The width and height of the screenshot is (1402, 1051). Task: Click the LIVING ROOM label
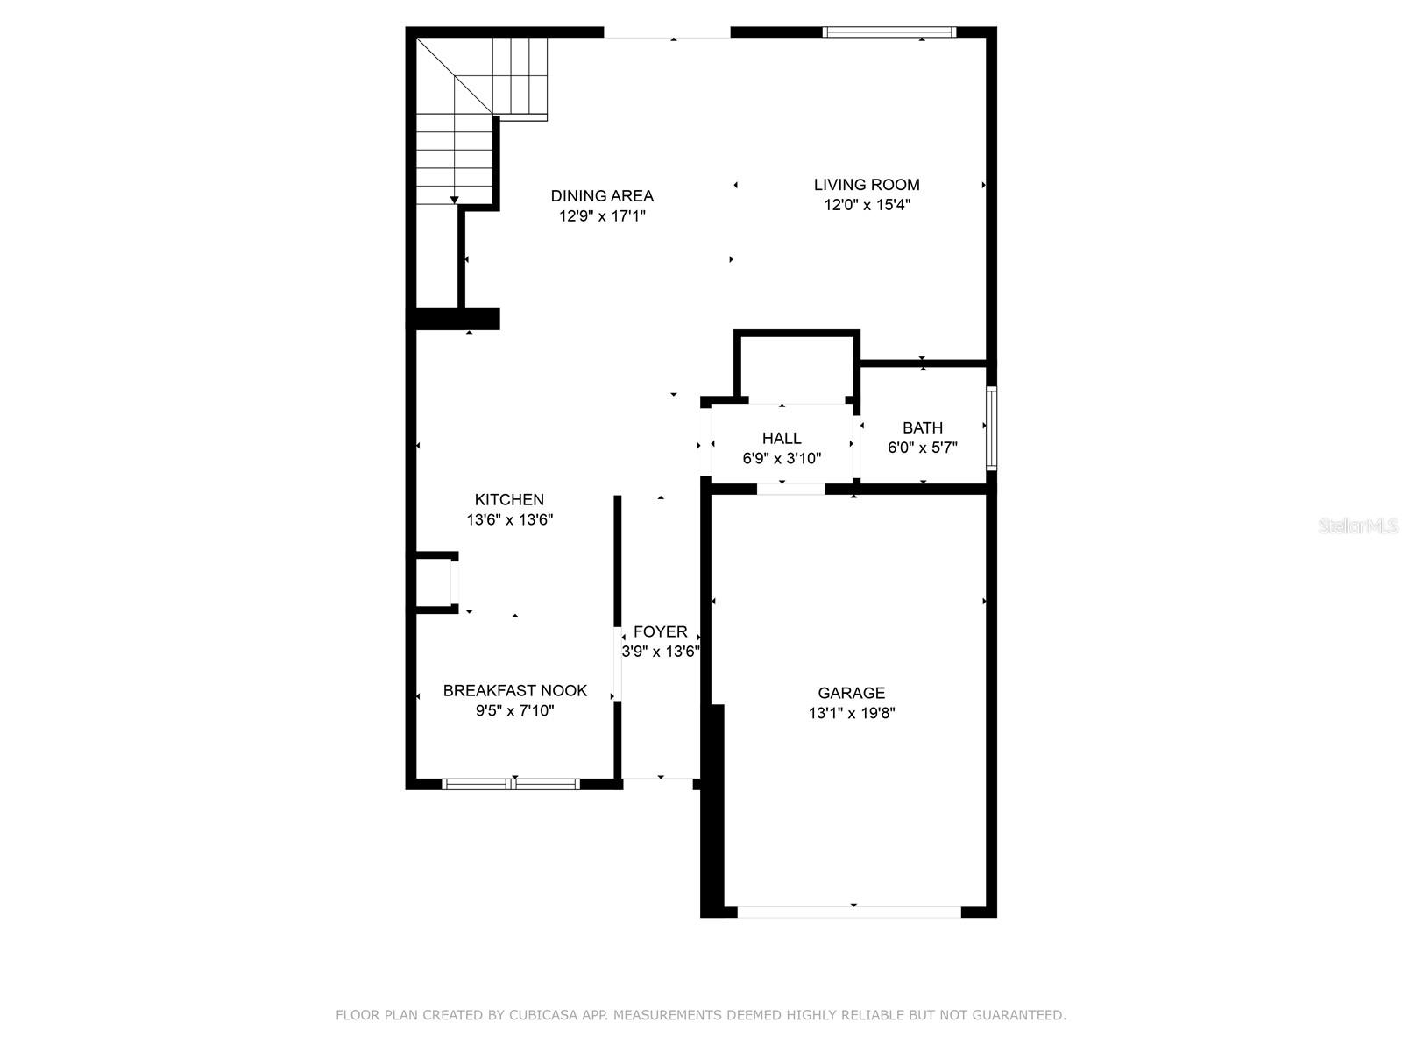(x=867, y=185)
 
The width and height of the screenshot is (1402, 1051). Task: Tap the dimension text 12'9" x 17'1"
(x=602, y=215)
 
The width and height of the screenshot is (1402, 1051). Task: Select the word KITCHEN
(x=509, y=500)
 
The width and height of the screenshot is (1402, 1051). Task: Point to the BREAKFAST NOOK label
(x=514, y=691)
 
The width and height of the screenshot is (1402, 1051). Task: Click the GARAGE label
(x=851, y=694)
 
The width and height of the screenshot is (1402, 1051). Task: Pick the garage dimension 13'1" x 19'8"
(x=851, y=714)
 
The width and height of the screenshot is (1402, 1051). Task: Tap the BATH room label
(x=923, y=427)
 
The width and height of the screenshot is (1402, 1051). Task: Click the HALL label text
(x=781, y=439)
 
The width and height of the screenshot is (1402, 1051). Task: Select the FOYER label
(x=660, y=632)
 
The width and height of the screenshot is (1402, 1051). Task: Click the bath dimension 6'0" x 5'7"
(x=923, y=448)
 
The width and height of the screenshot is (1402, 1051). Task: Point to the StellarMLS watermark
(x=1358, y=525)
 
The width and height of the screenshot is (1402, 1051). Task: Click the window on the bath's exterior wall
(x=991, y=429)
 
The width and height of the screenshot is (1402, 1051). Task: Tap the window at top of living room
(x=889, y=33)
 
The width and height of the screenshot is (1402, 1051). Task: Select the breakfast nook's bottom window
(x=511, y=784)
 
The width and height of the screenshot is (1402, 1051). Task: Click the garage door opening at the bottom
(x=849, y=912)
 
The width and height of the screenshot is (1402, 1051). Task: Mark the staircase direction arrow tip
(x=454, y=201)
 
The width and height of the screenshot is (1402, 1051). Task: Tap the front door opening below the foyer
(x=658, y=778)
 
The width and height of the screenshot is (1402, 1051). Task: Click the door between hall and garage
(x=790, y=489)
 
